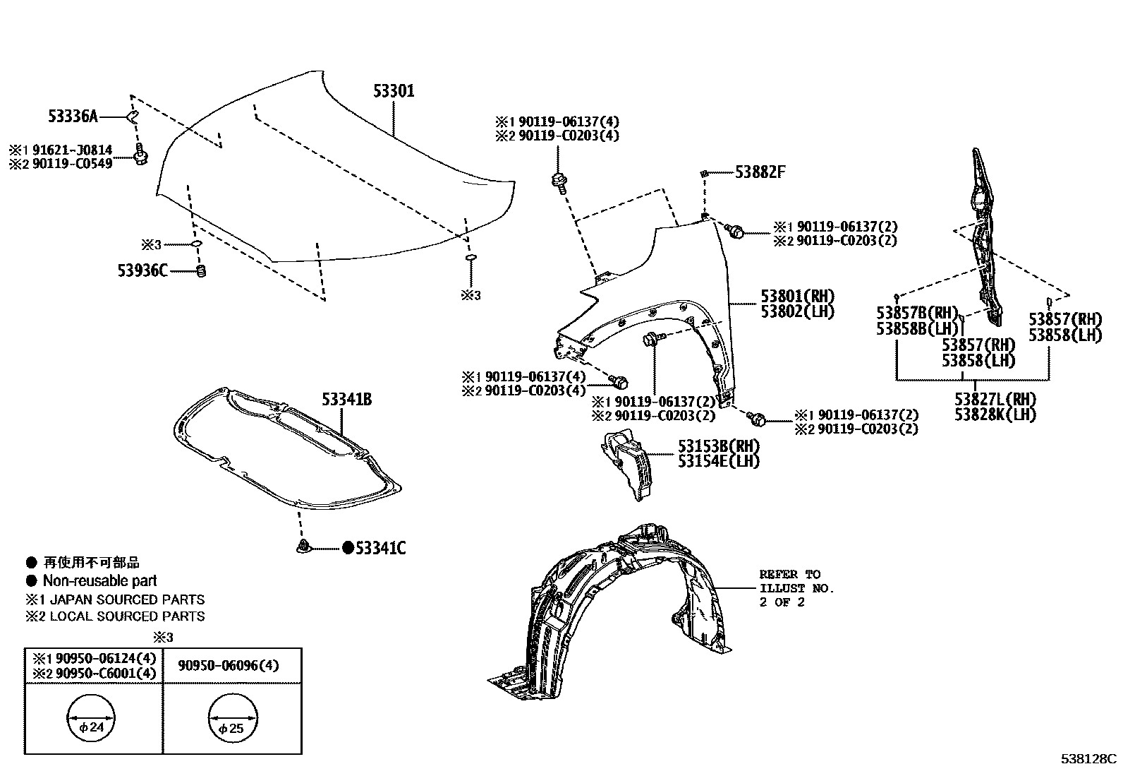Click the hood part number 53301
pyautogui.click(x=394, y=91)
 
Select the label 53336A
pyautogui.click(x=73, y=116)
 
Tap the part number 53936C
pyautogui.click(x=142, y=270)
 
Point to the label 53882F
pyautogui.click(x=760, y=172)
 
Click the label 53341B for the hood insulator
pyautogui.click(x=346, y=400)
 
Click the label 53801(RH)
pyautogui.click(x=797, y=296)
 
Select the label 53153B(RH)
pyautogui.click(x=719, y=446)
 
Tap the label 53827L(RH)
pyautogui.click(x=995, y=399)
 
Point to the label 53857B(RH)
pyautogui.click(x=916, y=313)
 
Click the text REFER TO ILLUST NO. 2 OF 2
pyautogui.click(x=796, y=587)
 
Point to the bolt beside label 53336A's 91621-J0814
pyautogui.click(x=140, y=155)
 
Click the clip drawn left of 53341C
pyautogui.click(x=303, y=547)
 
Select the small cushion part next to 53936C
pyautogui.click(x=200, y=270)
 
